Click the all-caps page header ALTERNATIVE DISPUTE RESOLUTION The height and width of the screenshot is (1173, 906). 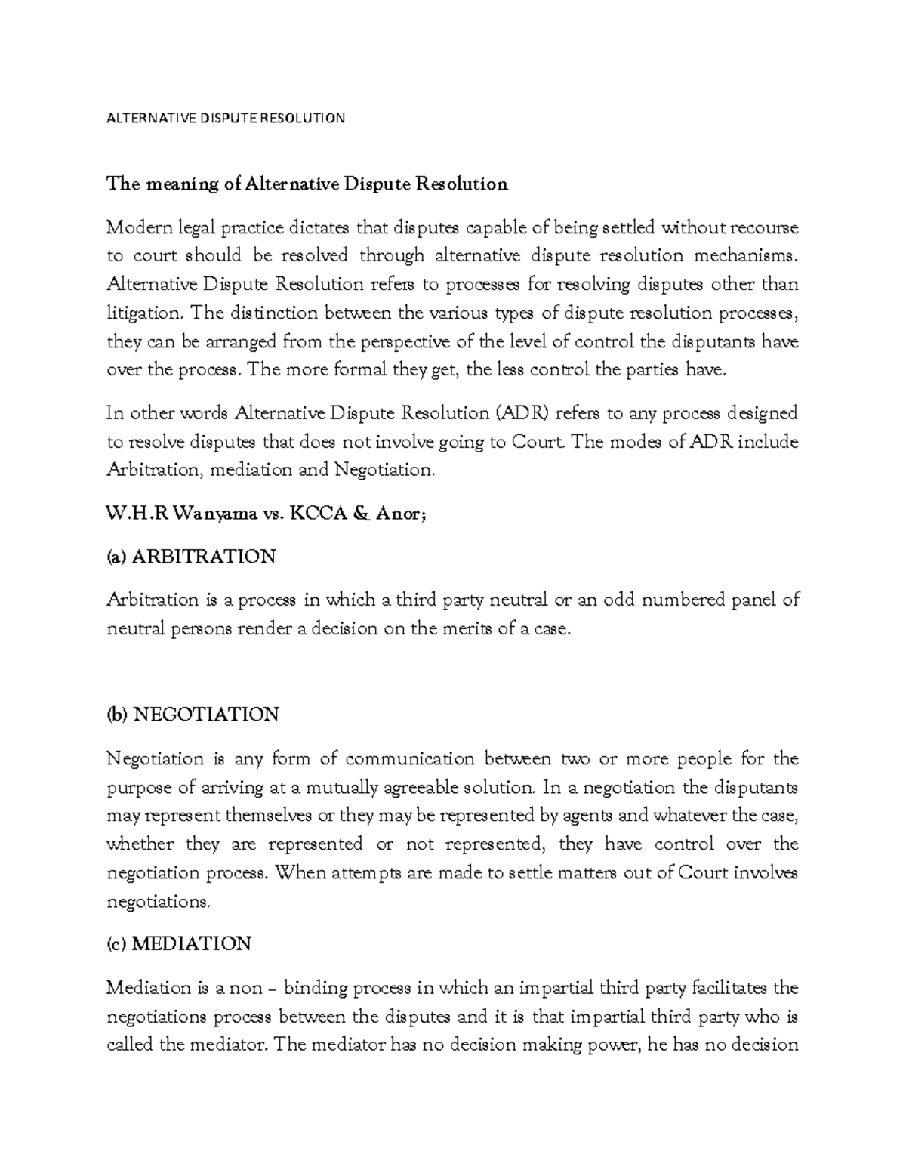(x=226, y=119)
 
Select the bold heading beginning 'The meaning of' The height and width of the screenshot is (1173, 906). (x=307, y=184)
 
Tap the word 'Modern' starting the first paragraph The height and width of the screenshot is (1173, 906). (x=132, y=227)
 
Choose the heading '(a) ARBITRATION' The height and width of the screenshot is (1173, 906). (x=191, y=557)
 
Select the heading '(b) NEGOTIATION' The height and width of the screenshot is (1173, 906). (x=193, y=715)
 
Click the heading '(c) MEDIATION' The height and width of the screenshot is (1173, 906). (x=179, y=944)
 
